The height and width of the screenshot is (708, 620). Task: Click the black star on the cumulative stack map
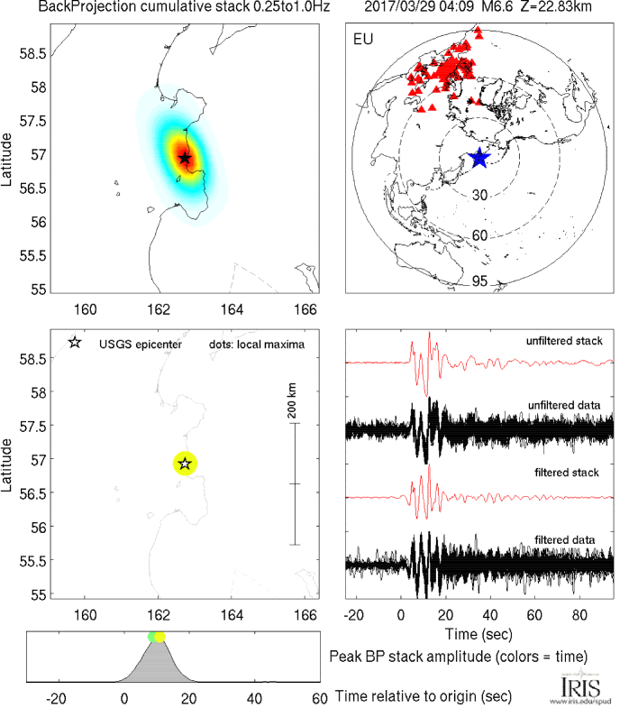pos(185,158)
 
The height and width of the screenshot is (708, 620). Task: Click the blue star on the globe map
pos(479,158)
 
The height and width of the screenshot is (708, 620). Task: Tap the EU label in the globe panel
pos(364,41)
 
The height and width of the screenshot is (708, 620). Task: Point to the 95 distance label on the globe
pos(479,281)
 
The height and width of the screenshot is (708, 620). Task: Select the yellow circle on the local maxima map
pos(185,464)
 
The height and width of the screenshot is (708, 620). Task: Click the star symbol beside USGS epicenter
pos(74,343)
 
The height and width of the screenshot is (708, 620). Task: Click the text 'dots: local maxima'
pos(251,344)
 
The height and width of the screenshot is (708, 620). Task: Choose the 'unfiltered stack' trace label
pos(565,341)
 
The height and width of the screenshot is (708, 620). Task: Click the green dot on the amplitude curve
pos(152,638)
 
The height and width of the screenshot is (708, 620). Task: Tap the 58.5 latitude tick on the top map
pos(32,53)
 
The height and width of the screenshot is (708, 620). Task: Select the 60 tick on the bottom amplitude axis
pos(318,697)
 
